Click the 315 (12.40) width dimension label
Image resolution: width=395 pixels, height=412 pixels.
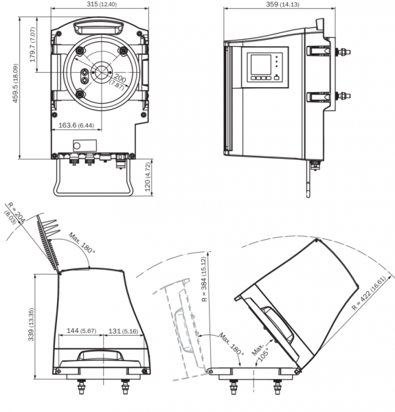102,4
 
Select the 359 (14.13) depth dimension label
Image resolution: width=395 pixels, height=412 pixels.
282,4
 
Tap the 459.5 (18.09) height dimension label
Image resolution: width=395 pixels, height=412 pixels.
16,83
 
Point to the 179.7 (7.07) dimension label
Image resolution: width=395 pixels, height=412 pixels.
32,45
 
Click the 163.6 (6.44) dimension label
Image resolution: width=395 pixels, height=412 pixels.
76,125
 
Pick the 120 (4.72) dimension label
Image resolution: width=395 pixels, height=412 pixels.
148,176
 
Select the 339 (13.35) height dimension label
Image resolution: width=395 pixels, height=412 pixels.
32,324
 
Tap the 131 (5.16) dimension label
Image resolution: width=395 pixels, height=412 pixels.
123,331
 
